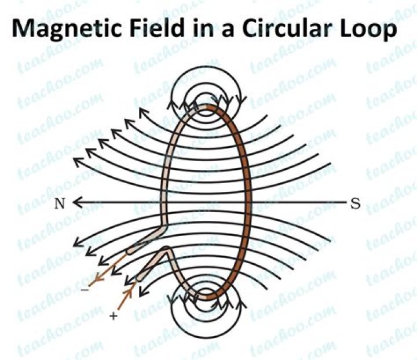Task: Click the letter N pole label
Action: pyautogui.click(x=60, y=204)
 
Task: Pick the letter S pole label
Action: pyautogui.click(x=355, y=203)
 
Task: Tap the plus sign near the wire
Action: pyautogui.click(x=114, y=316)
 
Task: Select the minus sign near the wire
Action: pyautogui.click(x=85, y=289)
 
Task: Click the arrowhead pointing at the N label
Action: pyautogui.click(x=76, y=202)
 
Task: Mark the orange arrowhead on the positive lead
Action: pyautogui.click(x=129, y=293)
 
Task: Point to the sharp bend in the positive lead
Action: pyautogui.click(x=166, y=249)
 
